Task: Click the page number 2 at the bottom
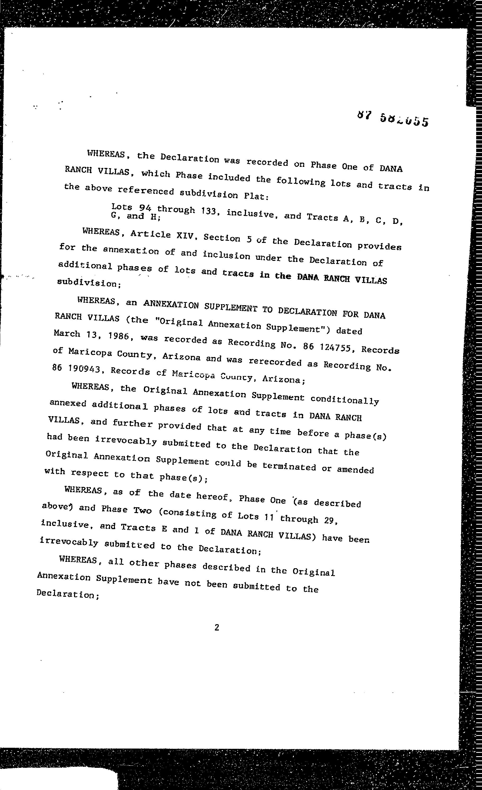pyautogui.click(x=217, y=627)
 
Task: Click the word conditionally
pyautogui.click(x=345, y=400)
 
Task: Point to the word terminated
pyautogui.click(x=289, y=467)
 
